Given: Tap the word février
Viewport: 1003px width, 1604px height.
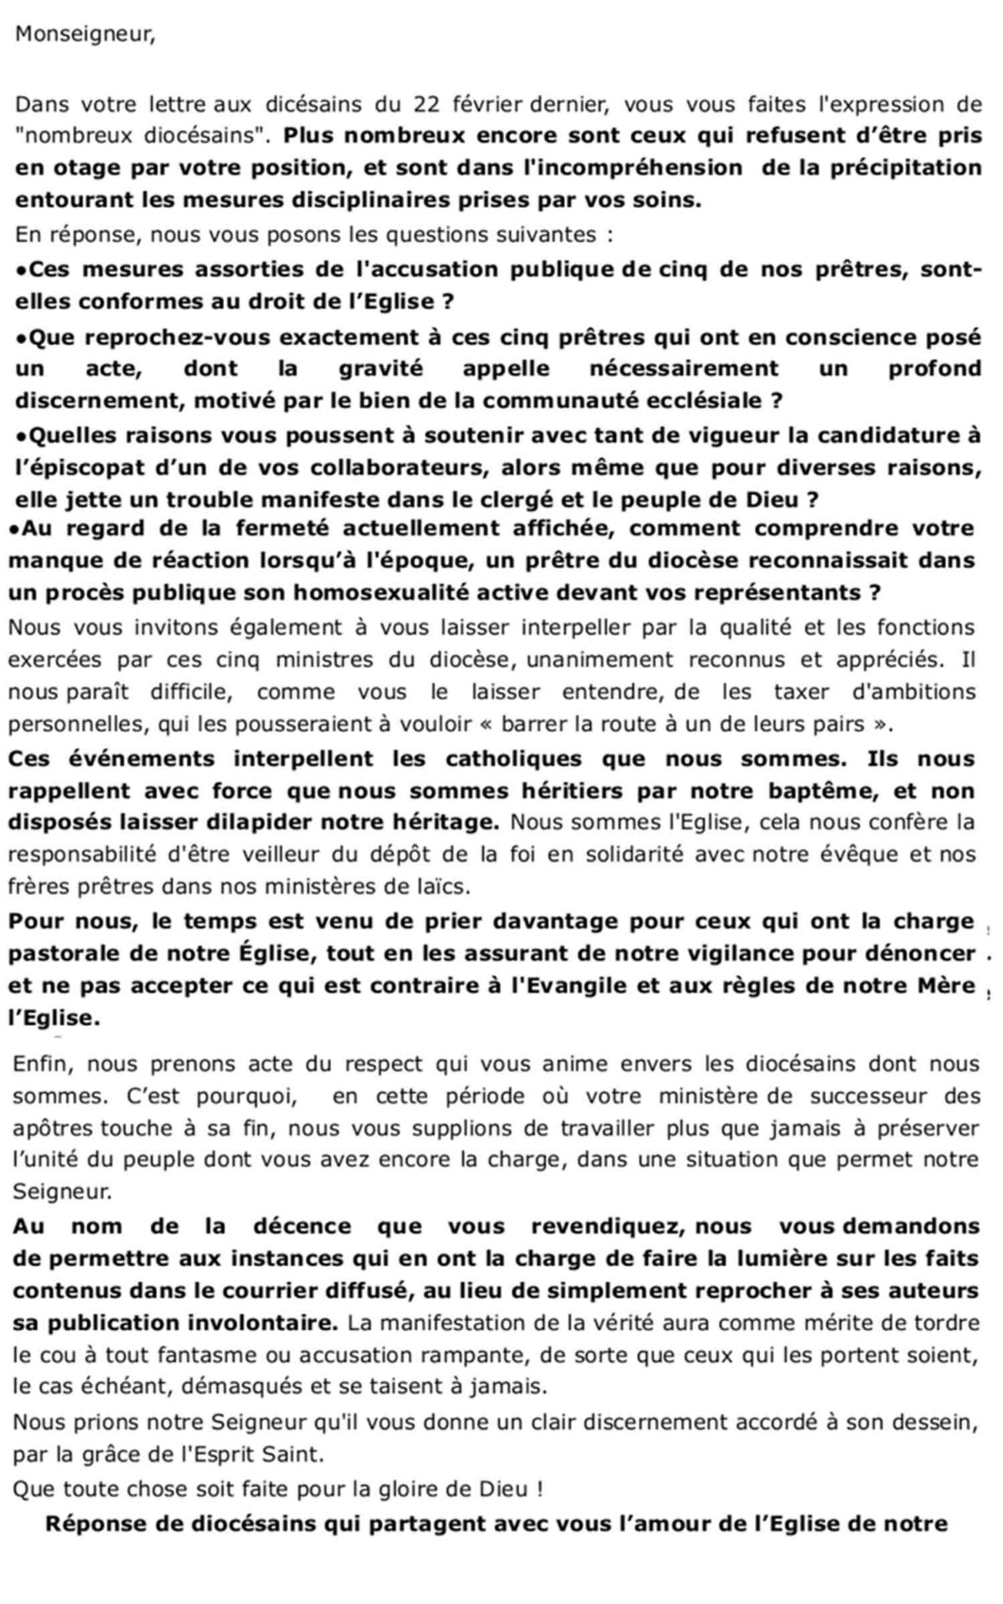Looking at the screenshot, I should tap(488, 105).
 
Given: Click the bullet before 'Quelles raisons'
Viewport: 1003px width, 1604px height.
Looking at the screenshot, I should tap(22, 436).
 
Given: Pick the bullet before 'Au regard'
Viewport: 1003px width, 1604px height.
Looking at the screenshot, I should tap(15, 529).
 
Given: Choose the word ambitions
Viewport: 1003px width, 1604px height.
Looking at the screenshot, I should tap(915, 693).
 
